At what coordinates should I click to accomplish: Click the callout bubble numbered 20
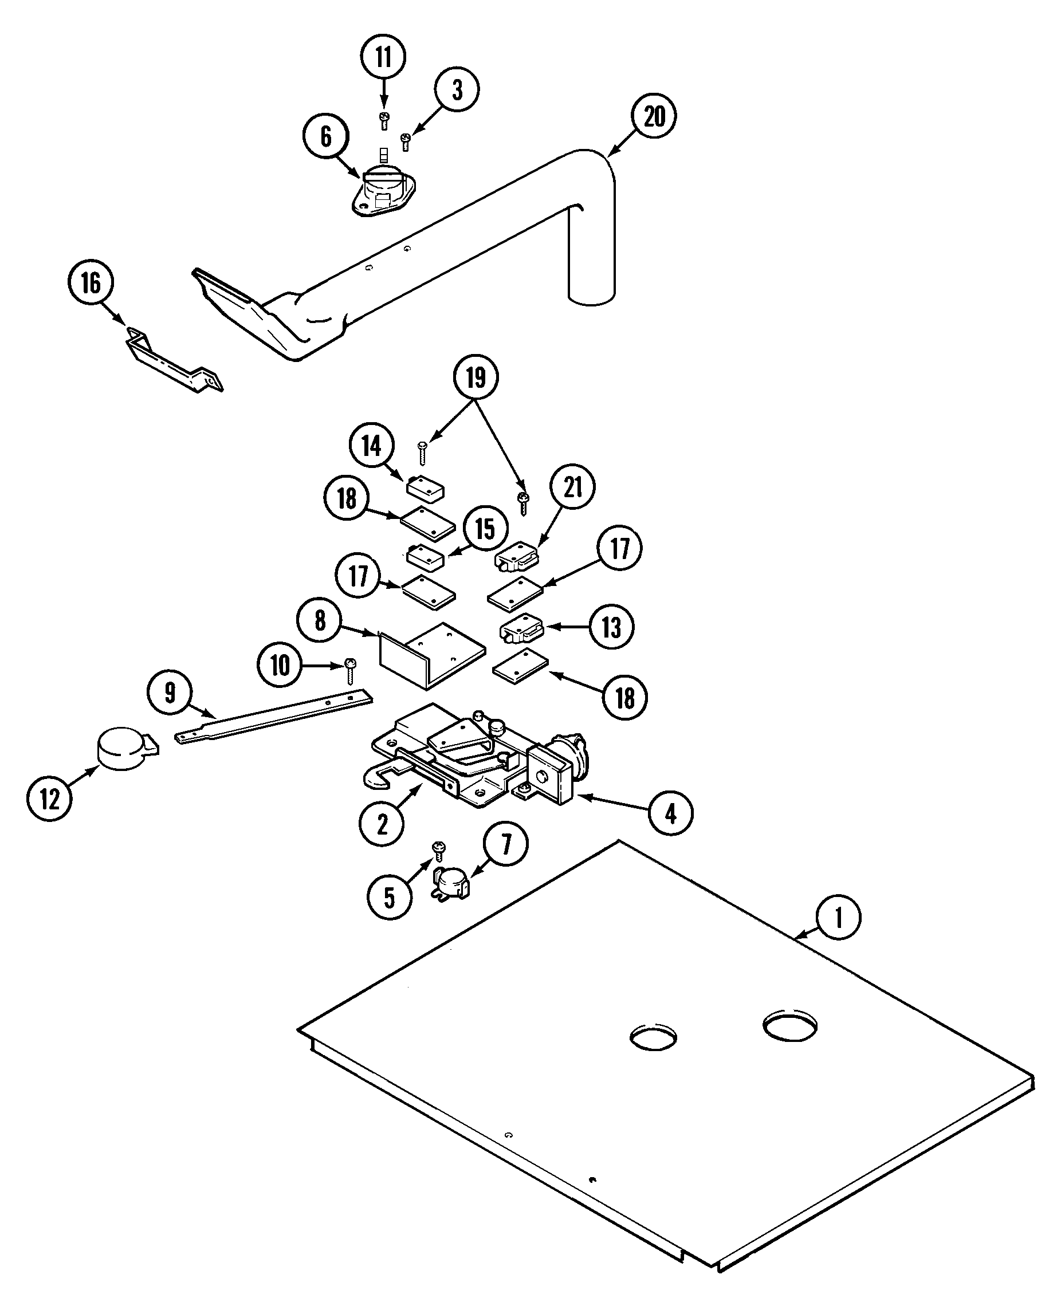(x=654, y=116)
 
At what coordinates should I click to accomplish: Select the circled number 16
(x=91, y=283)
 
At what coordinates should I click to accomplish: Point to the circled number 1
(x=838, y=916)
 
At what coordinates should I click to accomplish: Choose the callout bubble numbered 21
(x=573, y=487)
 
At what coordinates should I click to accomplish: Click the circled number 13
(x=611, y=627)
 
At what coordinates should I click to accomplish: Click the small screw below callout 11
(x=384, y=119)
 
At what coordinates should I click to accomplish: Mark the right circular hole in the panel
(x=789, y=1026)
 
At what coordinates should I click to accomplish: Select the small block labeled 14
(x=425, y=488)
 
